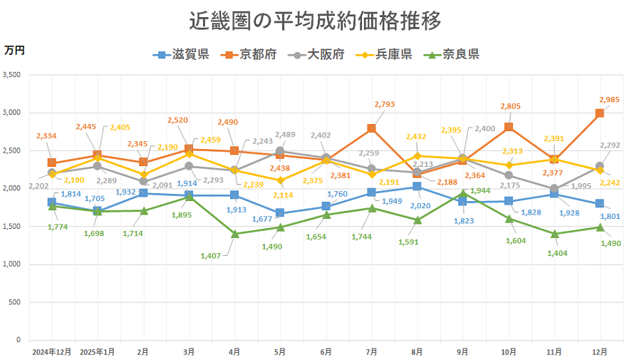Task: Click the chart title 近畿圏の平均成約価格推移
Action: click(x=314, y=21)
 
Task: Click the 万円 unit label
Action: click(x=14, y=50)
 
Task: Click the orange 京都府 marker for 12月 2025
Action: click(x=600, y=113)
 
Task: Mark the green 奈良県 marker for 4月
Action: click(x=234, y=234)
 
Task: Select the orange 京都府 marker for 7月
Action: click(x=371, y=128)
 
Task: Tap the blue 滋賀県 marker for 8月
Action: click(x=417, y=187)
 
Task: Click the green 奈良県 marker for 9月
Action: click(x=462, y=193)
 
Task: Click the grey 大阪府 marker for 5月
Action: click(x=280, y=151)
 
